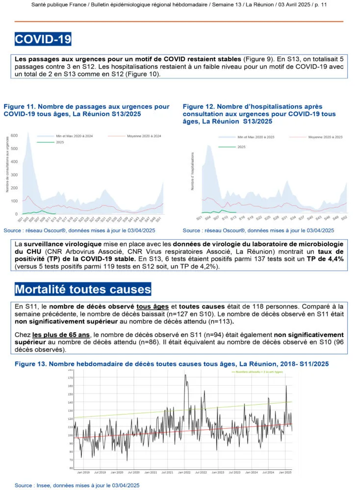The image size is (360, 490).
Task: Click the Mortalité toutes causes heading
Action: (x=82, y=289)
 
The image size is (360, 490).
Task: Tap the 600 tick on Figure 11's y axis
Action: (x=14, y=135)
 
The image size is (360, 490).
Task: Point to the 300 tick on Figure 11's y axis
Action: (x=14, y=175)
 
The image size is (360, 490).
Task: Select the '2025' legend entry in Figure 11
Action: (x=47, y=142)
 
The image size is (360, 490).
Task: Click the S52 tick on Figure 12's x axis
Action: (x=344, y=217)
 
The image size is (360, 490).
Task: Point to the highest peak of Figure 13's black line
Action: (x=185, y=375)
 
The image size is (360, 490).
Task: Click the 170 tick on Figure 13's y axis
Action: (x=71, y=378)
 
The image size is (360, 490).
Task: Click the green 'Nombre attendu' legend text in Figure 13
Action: (x=257, y=372)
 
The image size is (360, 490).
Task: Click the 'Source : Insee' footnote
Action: (x=77, y=485)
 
